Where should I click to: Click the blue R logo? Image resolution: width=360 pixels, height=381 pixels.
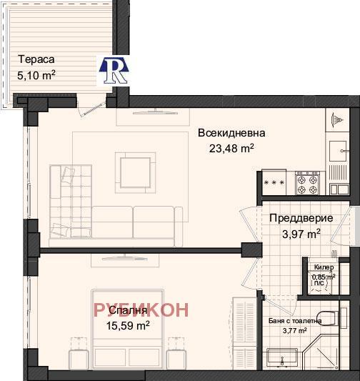coord(114,71)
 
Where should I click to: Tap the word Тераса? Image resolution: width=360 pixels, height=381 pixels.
coord(36,60)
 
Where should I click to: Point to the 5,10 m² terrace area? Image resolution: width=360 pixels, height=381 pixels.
coord(36,74)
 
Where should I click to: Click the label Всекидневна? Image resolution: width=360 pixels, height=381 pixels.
coord(232,133)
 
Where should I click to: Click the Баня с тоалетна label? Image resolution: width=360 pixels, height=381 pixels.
coord(294,321)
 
